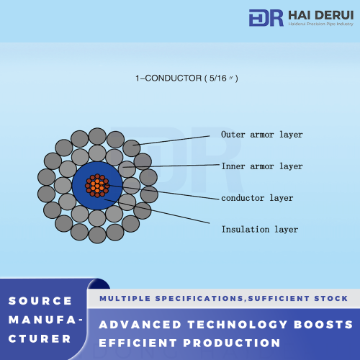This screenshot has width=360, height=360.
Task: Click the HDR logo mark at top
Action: tap(266, 18)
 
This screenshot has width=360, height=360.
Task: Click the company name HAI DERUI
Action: tap(321, 15)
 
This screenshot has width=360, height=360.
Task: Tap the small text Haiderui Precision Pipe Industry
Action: tap(321, 24)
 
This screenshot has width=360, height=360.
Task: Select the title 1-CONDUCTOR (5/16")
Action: tap(186, 78)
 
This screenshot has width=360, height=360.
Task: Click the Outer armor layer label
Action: tap(262, 135)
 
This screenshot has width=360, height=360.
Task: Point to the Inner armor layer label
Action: tap(262, 166)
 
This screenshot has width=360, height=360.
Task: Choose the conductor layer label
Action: tap(257, 198)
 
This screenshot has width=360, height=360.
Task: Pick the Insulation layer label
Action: tap(260, 230)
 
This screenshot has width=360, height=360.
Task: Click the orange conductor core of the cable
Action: tap(97, 186)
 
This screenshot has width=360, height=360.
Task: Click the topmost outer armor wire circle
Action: tap(97, 136)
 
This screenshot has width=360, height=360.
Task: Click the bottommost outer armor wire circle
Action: tap(97, 235)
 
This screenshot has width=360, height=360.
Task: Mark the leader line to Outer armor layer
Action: tap(171, 140)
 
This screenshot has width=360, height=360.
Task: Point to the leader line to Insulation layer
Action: tap(157, 211)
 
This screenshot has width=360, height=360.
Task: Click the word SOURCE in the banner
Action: tap(40, 301)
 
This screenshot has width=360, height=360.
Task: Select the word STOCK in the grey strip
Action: tap(331, 299)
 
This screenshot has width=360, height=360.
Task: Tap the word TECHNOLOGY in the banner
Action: tap(238, 325)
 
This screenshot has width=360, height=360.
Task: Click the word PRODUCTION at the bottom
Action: tap(232, 343)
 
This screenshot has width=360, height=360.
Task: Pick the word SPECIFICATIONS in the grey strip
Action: tap(199, 299)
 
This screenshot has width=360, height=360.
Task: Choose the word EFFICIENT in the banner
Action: tap(138, 343)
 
